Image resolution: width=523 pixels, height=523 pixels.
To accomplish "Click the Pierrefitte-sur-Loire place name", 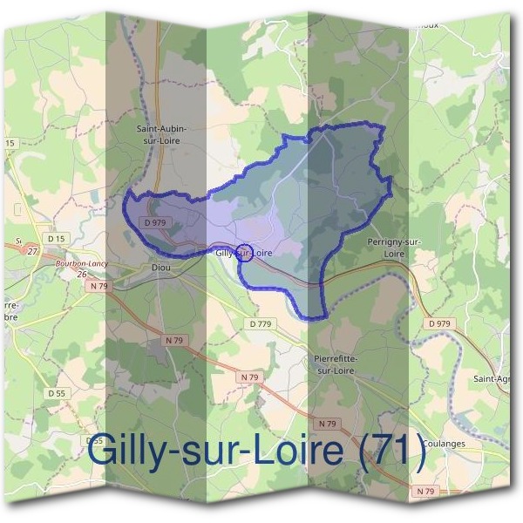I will click(334, 364).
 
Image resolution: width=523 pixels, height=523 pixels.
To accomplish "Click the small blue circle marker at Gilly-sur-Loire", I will click(245, 253).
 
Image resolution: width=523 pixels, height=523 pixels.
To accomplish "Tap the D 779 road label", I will click(261, 324).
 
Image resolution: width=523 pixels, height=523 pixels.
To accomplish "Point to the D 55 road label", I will click(57, 393).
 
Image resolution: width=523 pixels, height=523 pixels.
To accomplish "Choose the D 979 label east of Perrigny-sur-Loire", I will click(441, 324).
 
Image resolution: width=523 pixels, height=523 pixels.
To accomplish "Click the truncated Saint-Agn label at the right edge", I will click(492, 378).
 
